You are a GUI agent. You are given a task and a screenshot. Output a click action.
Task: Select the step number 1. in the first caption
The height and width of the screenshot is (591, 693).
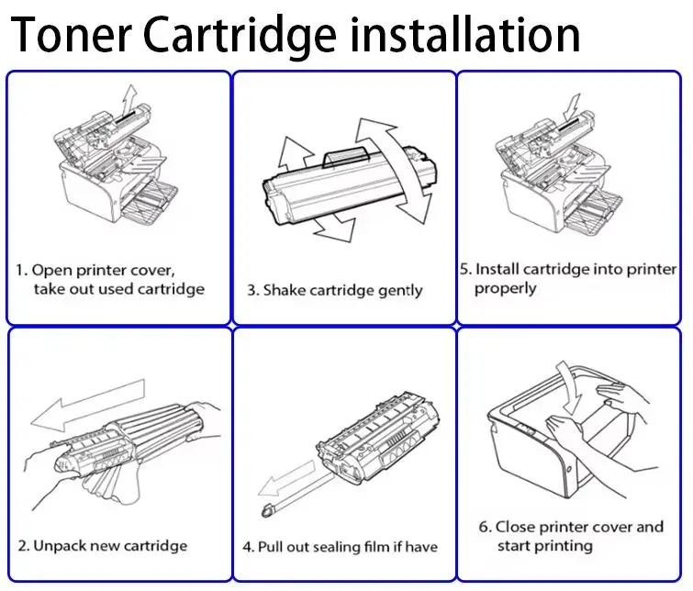(x=22, y=270)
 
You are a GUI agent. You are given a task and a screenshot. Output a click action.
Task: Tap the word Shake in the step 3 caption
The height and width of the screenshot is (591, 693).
(x=284, y=290)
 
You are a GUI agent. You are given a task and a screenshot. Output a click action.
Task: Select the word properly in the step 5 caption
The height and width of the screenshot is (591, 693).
(x=505, y=288)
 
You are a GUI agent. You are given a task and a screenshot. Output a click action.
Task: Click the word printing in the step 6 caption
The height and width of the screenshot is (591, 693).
(x=560, y=546)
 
